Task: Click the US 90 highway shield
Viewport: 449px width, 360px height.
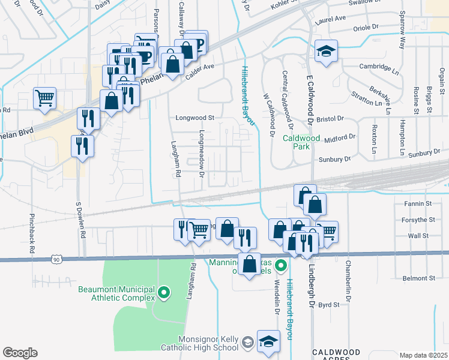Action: point(56,259)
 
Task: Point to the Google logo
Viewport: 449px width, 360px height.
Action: point(20,353)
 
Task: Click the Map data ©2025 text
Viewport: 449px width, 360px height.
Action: point(423,355)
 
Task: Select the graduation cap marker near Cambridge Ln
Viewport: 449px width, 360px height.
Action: point(326,52)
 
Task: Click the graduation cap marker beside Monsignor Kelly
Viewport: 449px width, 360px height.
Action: point(268,342)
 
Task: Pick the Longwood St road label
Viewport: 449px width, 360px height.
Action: point(194,118)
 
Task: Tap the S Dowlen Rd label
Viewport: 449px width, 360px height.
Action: point(79,220)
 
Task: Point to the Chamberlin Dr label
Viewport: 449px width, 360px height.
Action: point(347,280)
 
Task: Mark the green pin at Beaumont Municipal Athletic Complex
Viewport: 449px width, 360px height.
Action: point(164,293)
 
